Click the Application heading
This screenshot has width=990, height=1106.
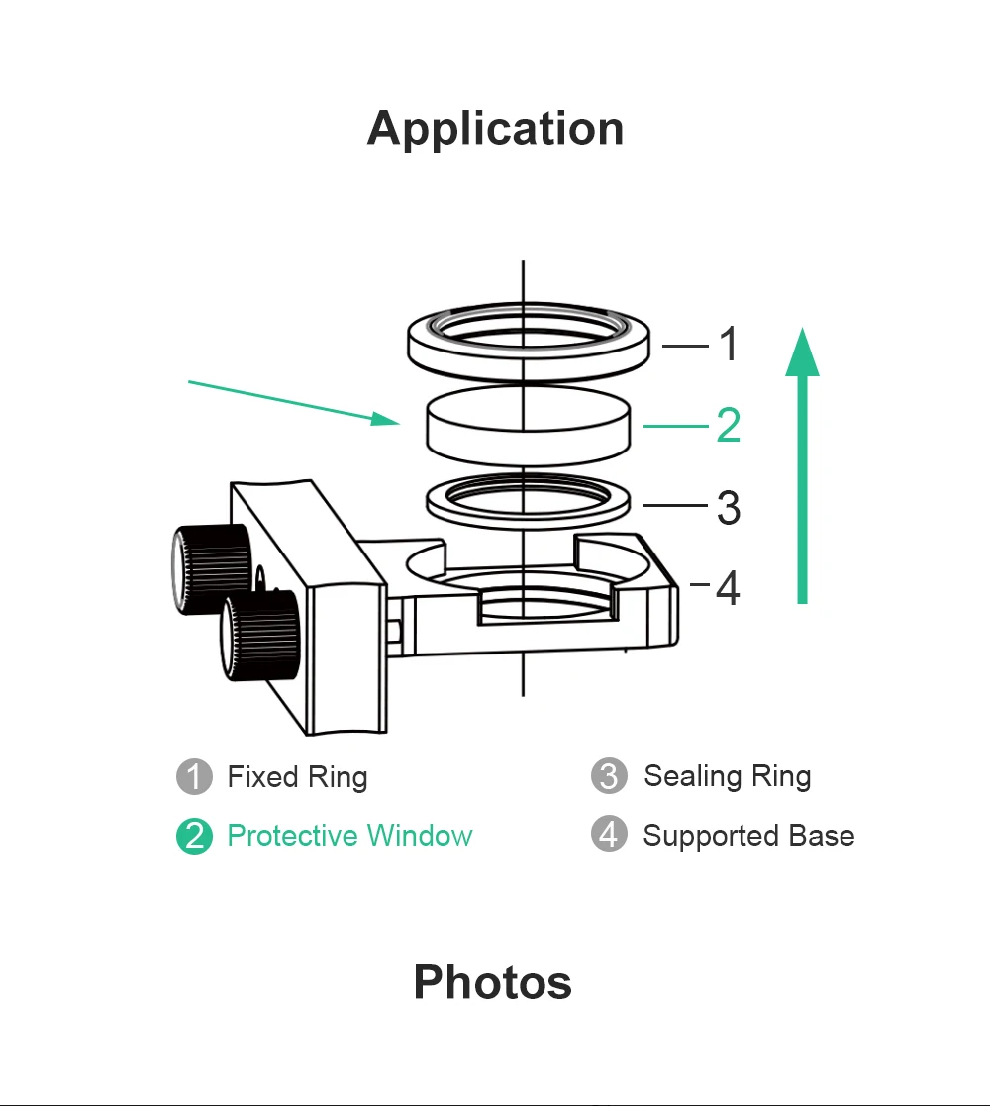click(x=495, y=129)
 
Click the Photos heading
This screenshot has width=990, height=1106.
click(x=492, y=982)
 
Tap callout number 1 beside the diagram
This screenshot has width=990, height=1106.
click(x=728, y=345)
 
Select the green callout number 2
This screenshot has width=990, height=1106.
click(x=728, y=426)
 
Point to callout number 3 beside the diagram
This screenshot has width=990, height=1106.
click(x=728, y=507)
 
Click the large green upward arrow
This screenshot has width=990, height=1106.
click(x=802, y=465)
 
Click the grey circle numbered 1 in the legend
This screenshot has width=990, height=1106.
click(x=194, y=777)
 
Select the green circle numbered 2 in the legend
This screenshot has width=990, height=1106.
click(x=194, y=837)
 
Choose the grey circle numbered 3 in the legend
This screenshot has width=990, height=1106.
click(x=609, y=777)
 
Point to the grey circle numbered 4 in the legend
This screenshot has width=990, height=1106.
click(x=609, y=835)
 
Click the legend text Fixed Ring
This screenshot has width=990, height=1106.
click(x=297, y=777)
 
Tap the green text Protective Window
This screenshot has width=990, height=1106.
click(x=349, y=836)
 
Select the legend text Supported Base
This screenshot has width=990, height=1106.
click(x=748, y=836)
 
